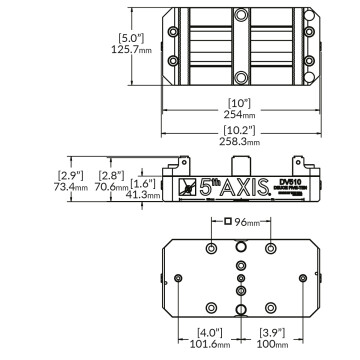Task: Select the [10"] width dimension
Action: (x=239, y=103)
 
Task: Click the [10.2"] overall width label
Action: (x=239, y=131)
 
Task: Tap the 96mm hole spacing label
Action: (x=247, y=222)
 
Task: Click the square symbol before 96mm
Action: (x=229, y=222)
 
